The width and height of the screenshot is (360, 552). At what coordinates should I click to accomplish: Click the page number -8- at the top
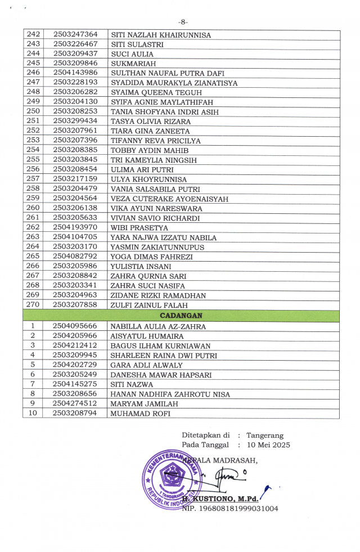(x=182, y=22)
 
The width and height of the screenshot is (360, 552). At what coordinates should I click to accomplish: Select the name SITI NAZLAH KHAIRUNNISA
(x=161, y=35)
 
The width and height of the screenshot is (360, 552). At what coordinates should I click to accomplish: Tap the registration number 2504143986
(x=75, y=73)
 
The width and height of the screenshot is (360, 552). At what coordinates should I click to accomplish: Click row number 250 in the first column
(x=33, y=111)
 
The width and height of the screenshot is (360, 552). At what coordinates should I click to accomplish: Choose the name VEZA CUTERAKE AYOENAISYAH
(x=169, y=199)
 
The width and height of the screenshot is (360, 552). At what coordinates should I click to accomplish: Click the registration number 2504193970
(x=75, y=227)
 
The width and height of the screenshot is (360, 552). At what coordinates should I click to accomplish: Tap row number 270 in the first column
(x=33, y=304)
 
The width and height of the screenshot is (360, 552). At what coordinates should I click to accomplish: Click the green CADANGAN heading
(x=181, y=315)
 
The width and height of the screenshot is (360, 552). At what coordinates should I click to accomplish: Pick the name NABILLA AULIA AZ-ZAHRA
(x=158, y=326)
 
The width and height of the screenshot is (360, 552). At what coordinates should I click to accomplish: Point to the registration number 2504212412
(x=75, y=345)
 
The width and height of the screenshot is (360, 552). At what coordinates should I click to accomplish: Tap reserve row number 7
(x=33, y=384)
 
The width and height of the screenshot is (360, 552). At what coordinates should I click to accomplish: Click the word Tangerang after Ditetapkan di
(x=265, y=435)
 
